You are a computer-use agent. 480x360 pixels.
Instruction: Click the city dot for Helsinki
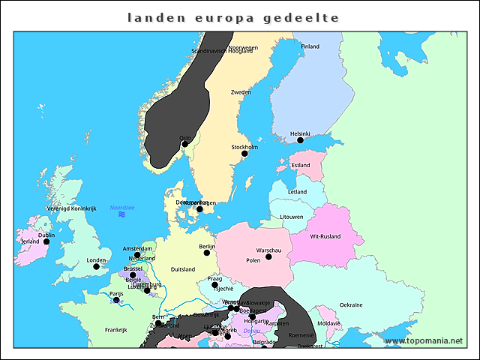pyautogui.click(x=300, y=140)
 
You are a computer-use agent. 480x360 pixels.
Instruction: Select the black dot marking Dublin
pyautogui.click(x=46, y=241)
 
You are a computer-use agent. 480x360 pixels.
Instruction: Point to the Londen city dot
pyautogui.click(x=96, y=266)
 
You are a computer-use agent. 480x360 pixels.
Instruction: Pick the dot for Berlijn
pyautogui.click(x=207, y=253)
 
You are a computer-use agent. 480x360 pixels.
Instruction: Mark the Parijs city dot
pyautogui.click(x=116, y=300)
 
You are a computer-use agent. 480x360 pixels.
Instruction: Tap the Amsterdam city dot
pyautogui.click(x=137, y=255)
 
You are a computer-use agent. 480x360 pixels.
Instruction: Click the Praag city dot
pyautogui.click(x=214, y=285)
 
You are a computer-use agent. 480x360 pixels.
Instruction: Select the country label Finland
pyautogui.click(x=310, y=46)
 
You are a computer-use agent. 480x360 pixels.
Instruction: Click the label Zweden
pyautogui.click(x=241, y=92)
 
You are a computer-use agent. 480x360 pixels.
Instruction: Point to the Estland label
pyautogui.click(x=301, y=165)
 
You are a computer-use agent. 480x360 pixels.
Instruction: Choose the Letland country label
pyautogui.click(x=297, y=192)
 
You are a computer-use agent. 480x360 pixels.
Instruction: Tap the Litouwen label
pyautogui.click(x=291, y=217)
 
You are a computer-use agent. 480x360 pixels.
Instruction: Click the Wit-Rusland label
pyautogui.click(x=325, y=237)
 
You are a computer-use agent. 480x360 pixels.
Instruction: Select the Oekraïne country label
pyautogui.click(x=351, y=305)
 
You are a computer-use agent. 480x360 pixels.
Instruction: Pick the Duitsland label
pyautogui.click(x=183, y=269)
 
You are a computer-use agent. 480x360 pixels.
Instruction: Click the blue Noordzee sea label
pyautogui.click(x=121, y=207)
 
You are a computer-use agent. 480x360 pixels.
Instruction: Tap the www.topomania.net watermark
pyautogui.click(x=424, y=341)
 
